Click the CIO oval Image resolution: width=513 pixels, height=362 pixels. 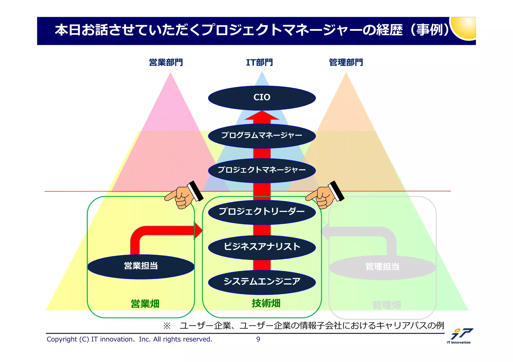262,98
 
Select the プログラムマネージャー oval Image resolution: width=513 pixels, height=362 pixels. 262,136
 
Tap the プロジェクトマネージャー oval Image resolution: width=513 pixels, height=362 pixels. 262,170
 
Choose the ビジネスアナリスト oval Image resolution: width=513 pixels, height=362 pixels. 262,247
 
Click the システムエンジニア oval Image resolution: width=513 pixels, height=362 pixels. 262,282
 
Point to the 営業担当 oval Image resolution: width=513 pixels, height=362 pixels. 141,266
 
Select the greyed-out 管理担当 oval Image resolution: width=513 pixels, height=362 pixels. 382,267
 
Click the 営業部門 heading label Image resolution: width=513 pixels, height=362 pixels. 166,62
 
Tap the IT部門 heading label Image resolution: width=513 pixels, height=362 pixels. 259,62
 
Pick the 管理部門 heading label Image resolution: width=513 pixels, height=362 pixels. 346,62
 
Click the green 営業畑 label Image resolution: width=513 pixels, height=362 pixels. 145,304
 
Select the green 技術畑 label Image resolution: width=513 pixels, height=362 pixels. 266,303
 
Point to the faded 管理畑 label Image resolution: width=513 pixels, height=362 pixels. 387,305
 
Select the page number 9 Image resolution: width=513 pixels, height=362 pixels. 258,339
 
